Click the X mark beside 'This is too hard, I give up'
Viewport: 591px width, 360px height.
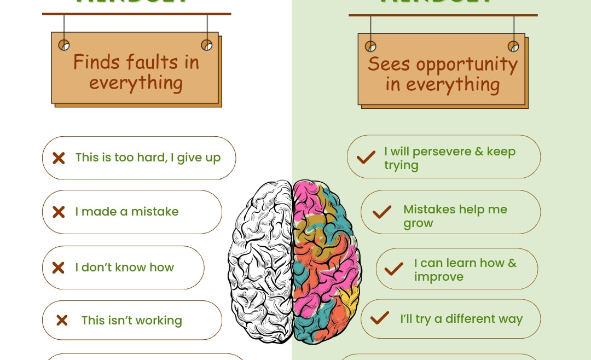[x=59, y=158]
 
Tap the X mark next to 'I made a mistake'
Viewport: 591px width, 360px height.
[x=59, y=212]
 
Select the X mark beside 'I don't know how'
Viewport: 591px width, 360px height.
[x=58, y=268]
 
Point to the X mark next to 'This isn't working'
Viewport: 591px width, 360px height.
[x=62, y=320]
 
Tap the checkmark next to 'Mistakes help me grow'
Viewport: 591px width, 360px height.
[x=381, y=212]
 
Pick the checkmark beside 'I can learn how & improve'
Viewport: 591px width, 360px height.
[x=393, y=269]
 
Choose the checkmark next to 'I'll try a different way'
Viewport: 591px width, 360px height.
[x=379, y=318]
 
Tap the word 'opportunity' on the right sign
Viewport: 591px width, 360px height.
[x=467, y=65]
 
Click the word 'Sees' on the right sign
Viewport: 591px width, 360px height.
[x=389, y=64]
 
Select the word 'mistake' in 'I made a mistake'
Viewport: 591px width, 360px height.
[x=155, y=212]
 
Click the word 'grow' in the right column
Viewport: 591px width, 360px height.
[x=418, y=223]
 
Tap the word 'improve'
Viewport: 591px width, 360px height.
[x=438, y=277]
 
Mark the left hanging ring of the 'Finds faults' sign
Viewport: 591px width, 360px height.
[x=64, y=45]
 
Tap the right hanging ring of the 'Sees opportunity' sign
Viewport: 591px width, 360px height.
[x=513, y=47]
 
